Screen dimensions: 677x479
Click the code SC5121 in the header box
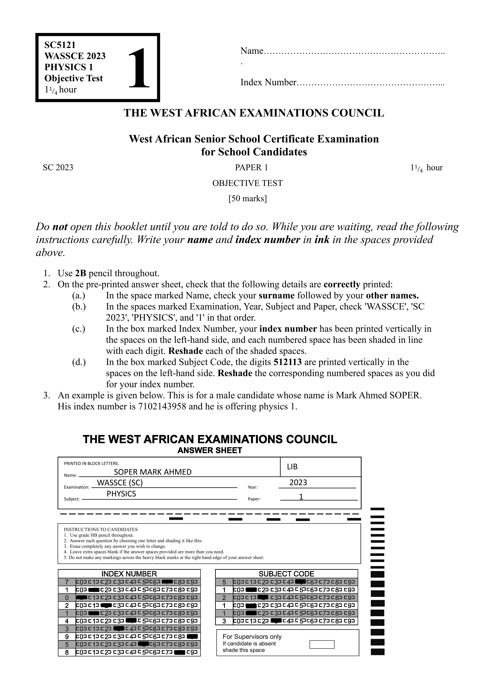click(60, 45)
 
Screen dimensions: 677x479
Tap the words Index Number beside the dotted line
click(268, 82)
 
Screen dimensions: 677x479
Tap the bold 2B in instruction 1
click(80, 273)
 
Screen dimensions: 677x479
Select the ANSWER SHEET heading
click(210, 450)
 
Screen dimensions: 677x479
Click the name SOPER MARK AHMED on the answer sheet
click(153, 472)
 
